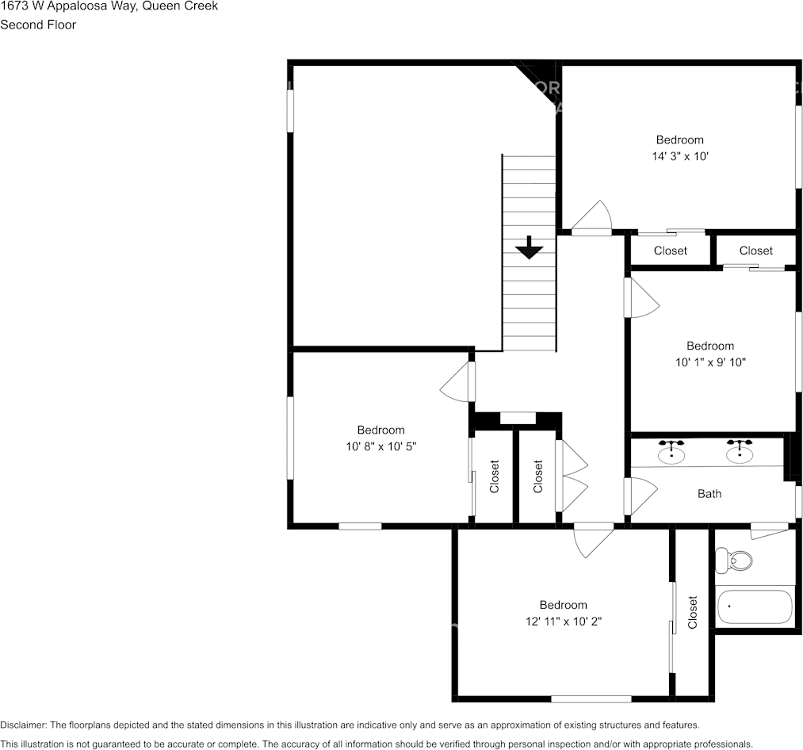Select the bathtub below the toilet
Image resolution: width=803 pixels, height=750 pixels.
[755, 607]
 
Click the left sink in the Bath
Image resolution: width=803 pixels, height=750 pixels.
[671, 452]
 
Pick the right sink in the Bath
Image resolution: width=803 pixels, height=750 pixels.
[740, 452]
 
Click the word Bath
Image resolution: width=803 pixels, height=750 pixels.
[709, 494]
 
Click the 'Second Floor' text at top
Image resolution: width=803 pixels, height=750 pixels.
[38, 25]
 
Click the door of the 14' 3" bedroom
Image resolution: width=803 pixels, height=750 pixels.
[592, 220]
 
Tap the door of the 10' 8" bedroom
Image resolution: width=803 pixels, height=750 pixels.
[458, 382]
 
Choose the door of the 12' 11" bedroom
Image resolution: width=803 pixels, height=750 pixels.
[593, 539]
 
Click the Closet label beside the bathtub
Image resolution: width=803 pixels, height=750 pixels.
[693, 613]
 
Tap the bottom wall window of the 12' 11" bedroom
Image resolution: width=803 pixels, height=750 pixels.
[591, 698]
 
